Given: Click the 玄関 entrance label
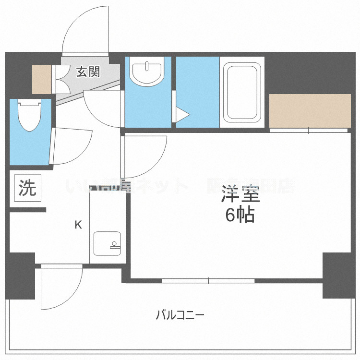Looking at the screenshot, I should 88,72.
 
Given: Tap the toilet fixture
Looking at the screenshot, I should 29,116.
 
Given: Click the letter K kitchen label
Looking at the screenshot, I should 77,224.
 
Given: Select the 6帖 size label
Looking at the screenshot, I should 240,216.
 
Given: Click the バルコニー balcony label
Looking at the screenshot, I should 180,316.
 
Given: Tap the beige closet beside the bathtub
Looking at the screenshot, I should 310,111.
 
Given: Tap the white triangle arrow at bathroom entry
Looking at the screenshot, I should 182,115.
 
